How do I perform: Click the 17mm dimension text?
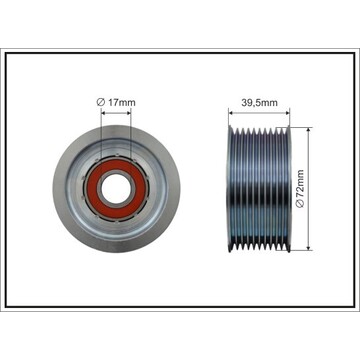point(122,102)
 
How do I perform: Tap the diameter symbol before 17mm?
point(101,102)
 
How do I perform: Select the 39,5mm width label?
point(259,103)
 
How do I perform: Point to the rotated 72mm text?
point(300,184)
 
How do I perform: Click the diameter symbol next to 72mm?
point(300,204)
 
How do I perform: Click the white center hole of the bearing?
point(116,188)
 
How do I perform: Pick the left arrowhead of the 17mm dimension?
point(103,113)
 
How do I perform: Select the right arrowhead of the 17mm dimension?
point(128,113)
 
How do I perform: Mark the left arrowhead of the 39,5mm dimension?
point(231,113)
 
